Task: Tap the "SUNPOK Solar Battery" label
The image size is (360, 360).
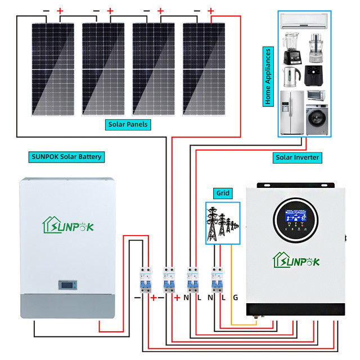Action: click(66, 156)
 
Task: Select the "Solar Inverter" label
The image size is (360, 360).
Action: click(298, 157)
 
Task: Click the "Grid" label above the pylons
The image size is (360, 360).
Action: click(223, 193)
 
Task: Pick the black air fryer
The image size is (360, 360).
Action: click(314, 75)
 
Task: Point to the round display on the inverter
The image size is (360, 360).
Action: click(294, 220)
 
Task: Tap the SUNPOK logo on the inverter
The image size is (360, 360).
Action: click(296, 260)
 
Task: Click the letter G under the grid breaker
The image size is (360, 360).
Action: click(235, 296)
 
